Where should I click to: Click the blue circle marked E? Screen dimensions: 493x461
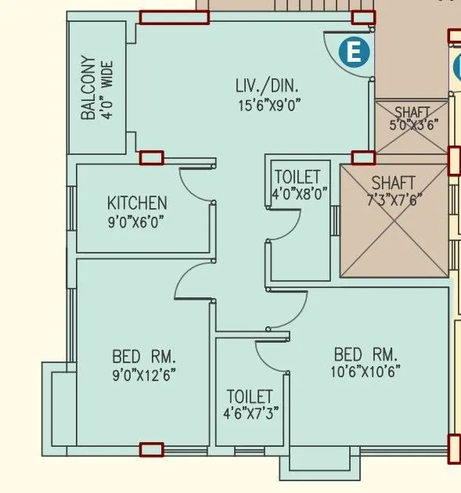pyautogui.click(x=354, y=52)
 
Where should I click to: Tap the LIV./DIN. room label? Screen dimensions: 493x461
pyautogui.click(x=268, y=85)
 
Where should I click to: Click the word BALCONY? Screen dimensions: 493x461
pyautogui.click(x=88, y=88)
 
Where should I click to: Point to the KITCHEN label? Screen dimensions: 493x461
pyautogui.click(x=137, y=203)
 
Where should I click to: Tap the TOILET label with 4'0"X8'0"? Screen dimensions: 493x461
pyautogui.click(x=299, y=175)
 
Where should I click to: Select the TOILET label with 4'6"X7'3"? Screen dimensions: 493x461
pyautogui.click(x=250, y=397)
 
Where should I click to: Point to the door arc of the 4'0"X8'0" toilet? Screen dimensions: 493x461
pyautogui.click(x=283, y=227)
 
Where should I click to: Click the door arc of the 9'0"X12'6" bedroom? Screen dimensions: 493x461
pyautogui.click(x=192, y=280)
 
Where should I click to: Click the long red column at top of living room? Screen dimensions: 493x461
pyautogui.click(x=174, y=17)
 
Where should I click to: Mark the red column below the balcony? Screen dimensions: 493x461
pyautogui.click(x=151, y=158)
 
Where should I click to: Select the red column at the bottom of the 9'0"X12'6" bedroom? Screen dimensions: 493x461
pyautogui.click(x=151, y=449)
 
